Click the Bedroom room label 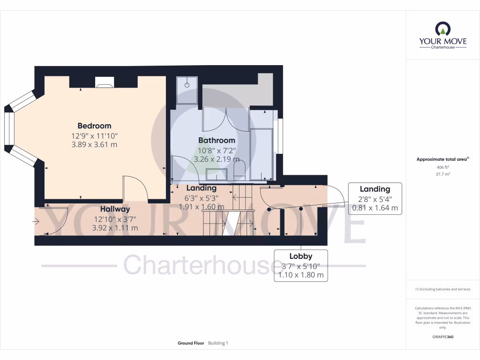coord(94,126)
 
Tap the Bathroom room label coord(217,140)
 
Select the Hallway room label coord(115,209)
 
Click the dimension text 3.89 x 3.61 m coord(94,145)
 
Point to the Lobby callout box coord(300,265)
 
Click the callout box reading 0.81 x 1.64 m coord(375,198)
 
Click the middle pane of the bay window coord(8,130)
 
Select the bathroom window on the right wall coord(280,136)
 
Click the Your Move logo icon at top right coord(442,29)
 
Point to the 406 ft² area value coord(442,167)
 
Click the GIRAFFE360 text coord(442,337)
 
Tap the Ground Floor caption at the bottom coord(191,343)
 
